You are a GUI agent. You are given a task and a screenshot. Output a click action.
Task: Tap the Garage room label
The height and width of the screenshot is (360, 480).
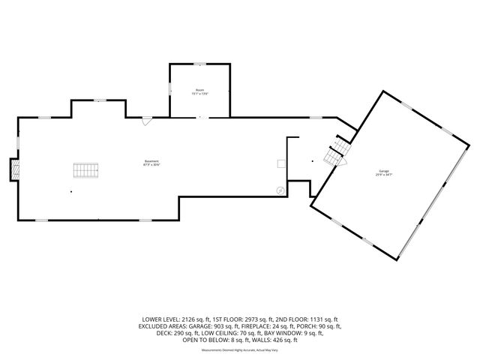point(385,175)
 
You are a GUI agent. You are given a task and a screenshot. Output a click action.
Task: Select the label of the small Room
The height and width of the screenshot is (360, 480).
point(199,91)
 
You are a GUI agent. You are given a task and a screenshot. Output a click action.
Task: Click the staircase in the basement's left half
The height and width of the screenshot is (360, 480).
point(85,170)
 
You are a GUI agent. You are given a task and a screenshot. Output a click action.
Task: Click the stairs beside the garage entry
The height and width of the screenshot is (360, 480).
point(334,154)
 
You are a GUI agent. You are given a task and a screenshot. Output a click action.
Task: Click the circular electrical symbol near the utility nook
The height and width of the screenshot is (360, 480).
point(280,190)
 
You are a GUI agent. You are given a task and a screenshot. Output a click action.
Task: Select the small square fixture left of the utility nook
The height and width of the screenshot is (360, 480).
point(280,163)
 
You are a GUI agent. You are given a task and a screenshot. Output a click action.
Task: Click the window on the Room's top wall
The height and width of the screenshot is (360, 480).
point(199,64)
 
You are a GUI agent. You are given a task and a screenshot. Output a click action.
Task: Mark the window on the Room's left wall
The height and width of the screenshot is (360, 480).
point(170,91)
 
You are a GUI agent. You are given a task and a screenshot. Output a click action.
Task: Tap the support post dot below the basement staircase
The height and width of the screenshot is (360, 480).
point(72,192)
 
